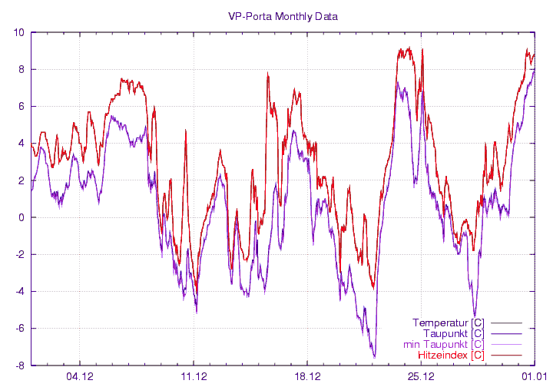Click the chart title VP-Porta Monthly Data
pos(283,15)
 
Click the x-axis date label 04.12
pos(81,376)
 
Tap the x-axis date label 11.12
pos(194,376)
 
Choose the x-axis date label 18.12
pos(307,376)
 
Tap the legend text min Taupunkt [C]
pos(443,345)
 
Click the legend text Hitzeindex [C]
pos(450,356)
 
